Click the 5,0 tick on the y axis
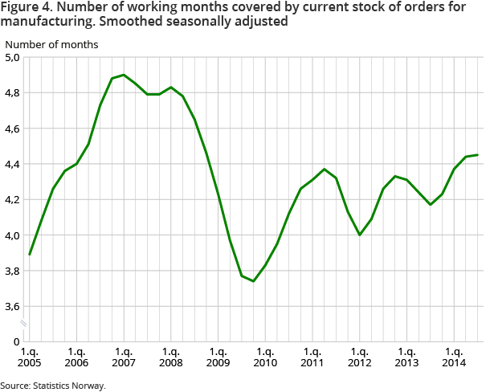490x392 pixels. pos(14,58)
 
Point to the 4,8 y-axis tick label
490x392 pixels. pos(14,93)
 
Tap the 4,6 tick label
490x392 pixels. pos(14,129)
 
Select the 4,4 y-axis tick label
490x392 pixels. pos(14,165)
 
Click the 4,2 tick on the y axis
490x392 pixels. pos(14,200)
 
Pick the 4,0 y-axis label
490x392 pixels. pos(14,235)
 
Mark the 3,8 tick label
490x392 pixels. pos(14,271)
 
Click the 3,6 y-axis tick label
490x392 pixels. pos(14,306)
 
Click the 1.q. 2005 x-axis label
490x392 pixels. pos(30,357)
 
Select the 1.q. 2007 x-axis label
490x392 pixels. pos(124,357)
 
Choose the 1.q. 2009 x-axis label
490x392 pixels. pos(218,357)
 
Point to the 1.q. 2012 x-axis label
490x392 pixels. pos(359,357)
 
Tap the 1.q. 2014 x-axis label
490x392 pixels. pos(454,357)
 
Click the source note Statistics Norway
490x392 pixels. pos(53,386)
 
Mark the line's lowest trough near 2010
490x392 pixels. pos(253,281)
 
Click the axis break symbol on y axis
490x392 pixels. pos(24,324)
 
